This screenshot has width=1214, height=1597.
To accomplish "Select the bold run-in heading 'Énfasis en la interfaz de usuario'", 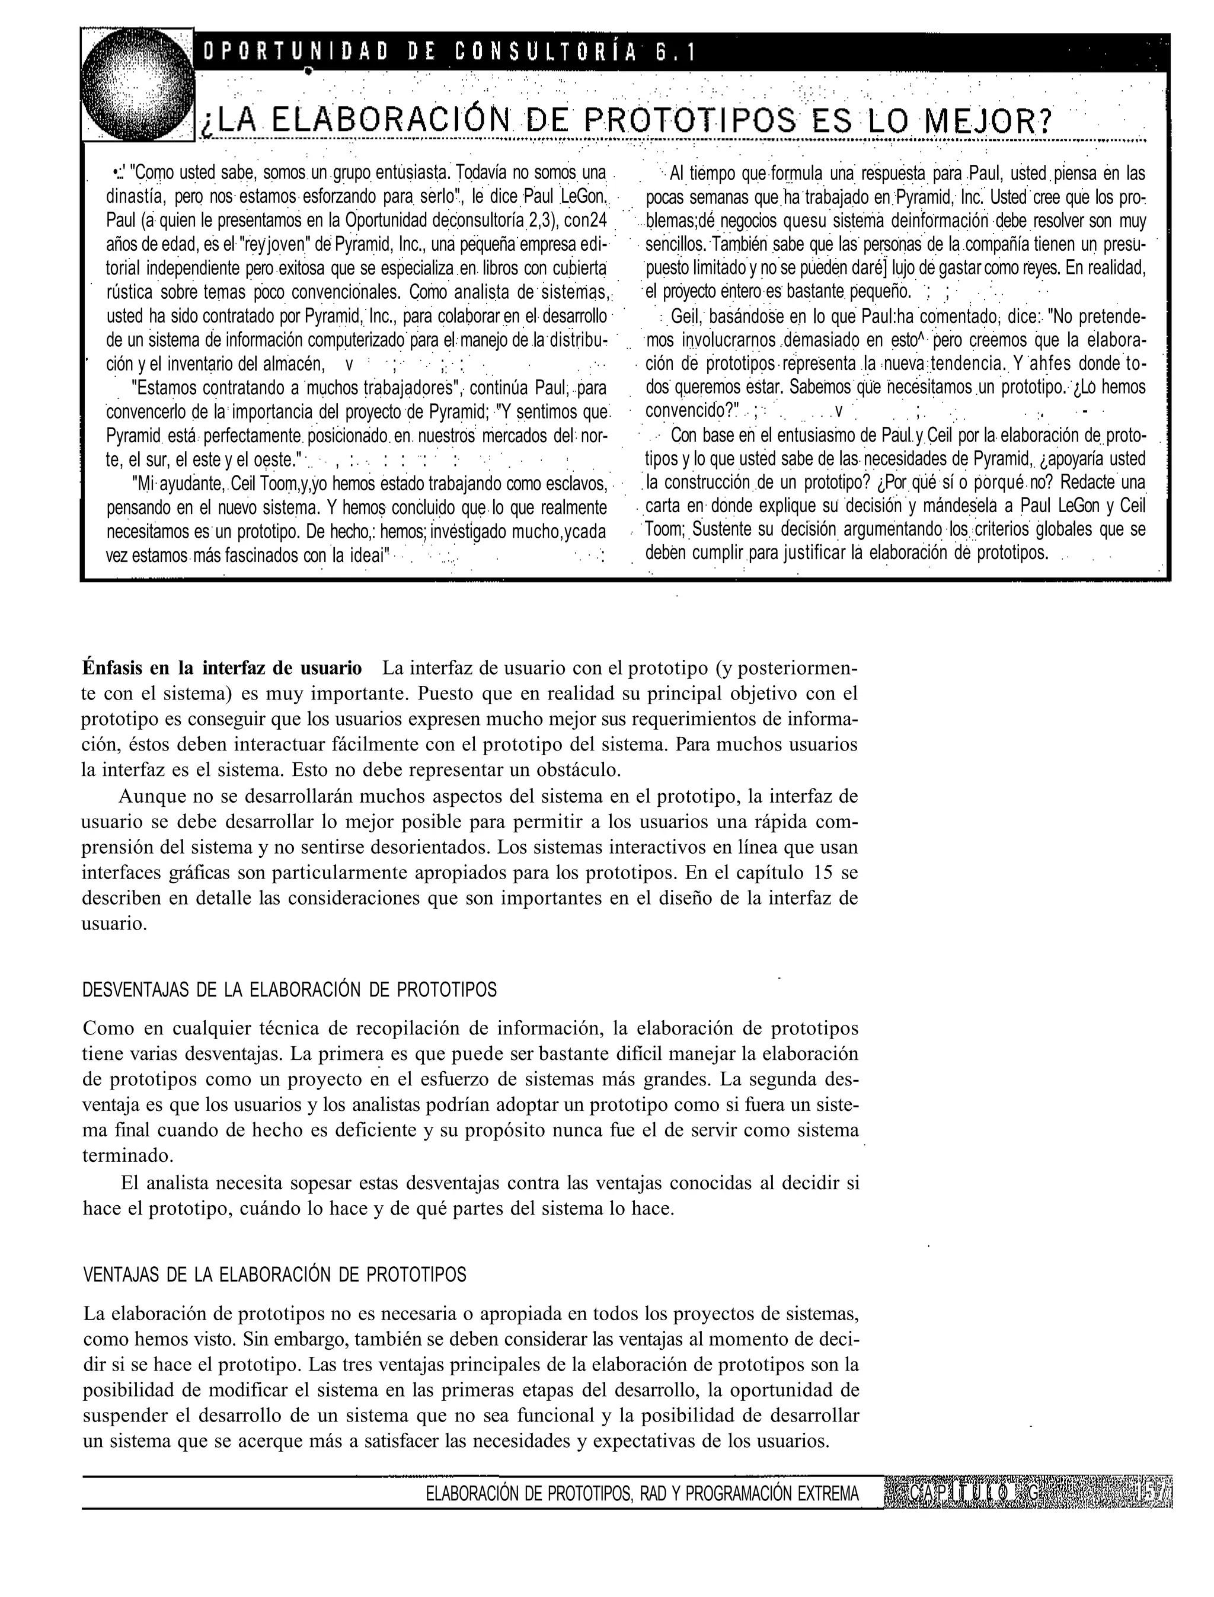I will click(x=222, y=667).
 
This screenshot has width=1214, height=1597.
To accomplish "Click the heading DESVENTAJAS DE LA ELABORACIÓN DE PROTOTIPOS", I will click(x=289, y=989).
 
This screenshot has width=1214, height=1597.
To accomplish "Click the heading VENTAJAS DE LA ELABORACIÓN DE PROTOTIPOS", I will click(x=274, y=1274).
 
